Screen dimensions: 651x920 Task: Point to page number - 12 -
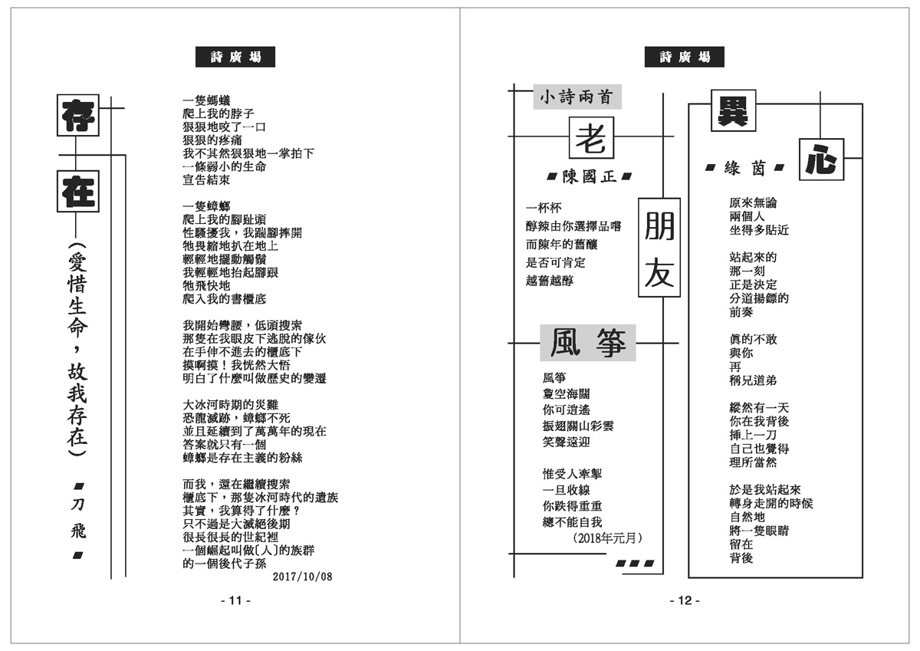(x=685, y=601)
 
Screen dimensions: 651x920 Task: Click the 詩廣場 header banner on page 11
(x=235, y=57)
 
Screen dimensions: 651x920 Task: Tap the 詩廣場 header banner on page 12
(x=685, y=57)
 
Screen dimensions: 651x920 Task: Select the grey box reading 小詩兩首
(x=577, y=97)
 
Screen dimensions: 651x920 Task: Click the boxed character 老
(x=592, y=140)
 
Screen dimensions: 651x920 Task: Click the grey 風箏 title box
(x=588, y=343)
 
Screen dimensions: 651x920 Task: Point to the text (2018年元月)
(x=607, y=538)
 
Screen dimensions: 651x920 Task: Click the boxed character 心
(x=822, y=160)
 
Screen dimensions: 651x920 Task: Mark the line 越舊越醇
(x=549, y=281)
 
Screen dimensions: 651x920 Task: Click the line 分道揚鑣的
(x=759, y=298)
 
